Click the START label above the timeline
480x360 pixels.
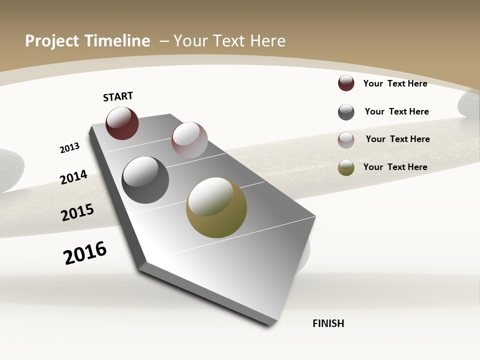118,96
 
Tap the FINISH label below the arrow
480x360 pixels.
328,323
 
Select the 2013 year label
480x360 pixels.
69,148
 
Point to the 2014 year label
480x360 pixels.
73,177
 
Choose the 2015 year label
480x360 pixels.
77,212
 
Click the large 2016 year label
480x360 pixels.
85,253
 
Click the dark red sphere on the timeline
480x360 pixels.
122,123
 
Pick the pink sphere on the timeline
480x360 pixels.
189,140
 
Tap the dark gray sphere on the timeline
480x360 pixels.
145,180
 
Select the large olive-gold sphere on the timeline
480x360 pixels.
216,207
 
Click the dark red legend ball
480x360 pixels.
346,83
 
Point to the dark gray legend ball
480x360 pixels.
346,112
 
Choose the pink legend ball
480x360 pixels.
346,140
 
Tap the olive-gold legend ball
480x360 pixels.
346,168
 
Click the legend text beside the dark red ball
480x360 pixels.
395,83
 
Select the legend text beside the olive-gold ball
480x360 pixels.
395,167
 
